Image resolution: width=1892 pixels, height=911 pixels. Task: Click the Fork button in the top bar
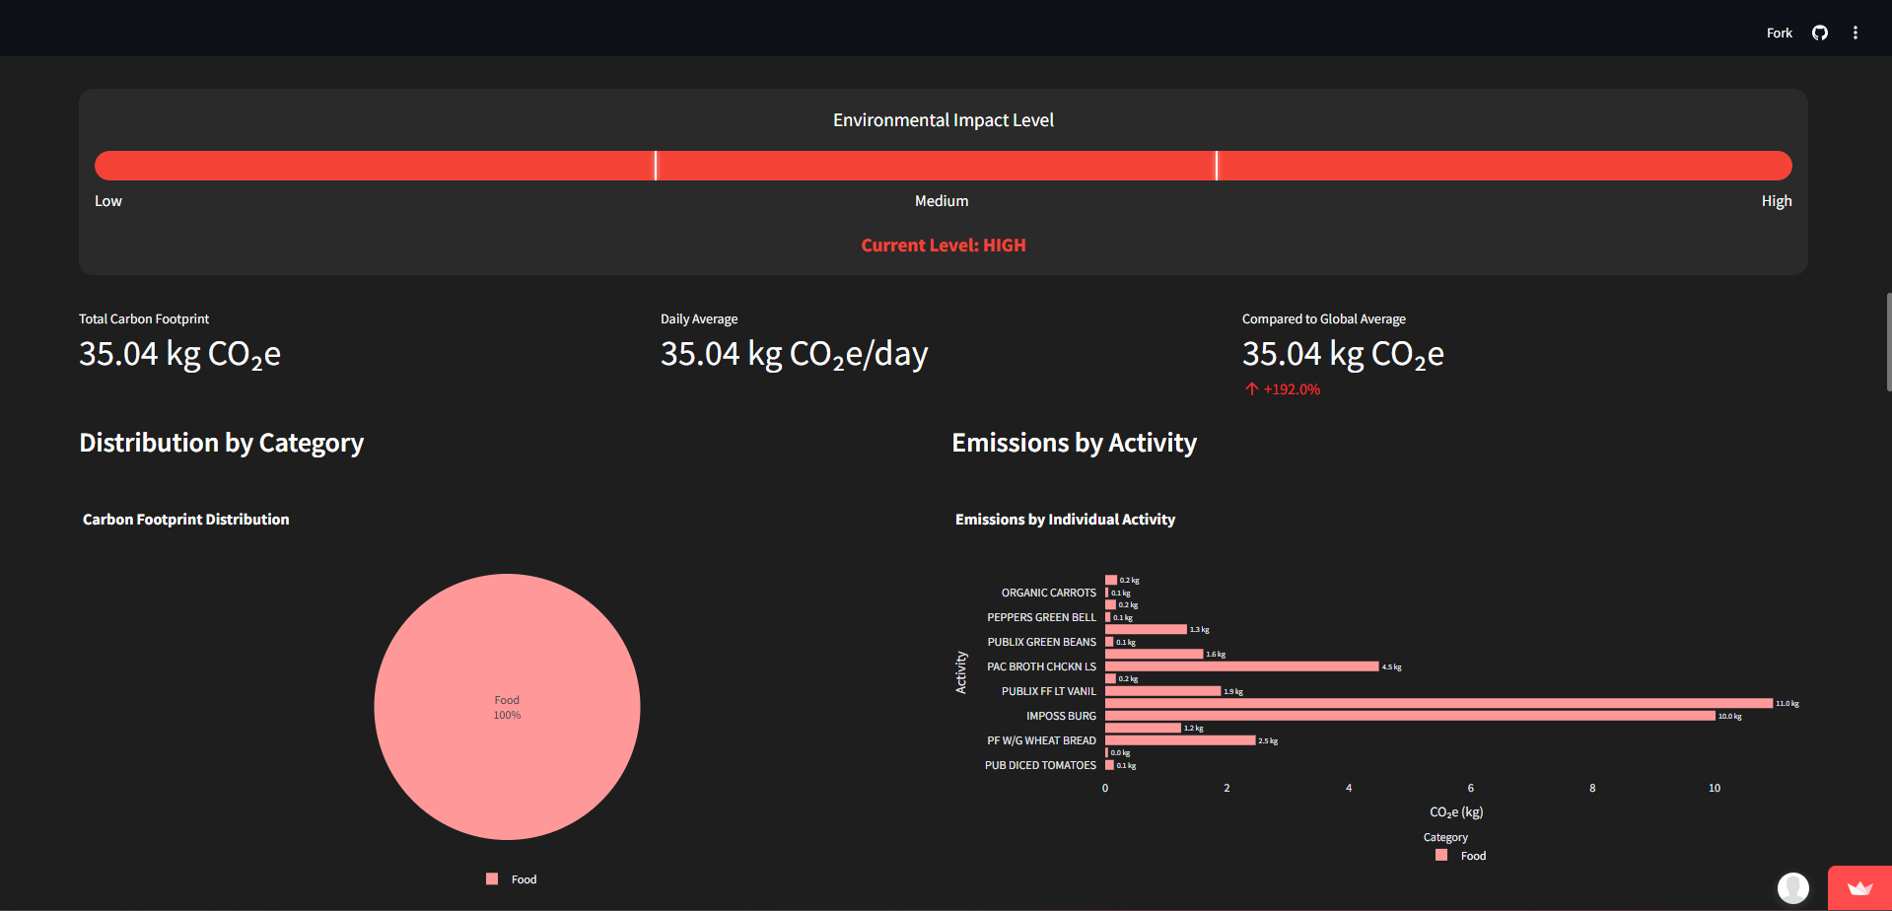[1779, 33]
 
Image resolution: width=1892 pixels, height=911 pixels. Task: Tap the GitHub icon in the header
[1820, 33]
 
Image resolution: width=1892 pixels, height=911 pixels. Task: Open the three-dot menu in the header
[1856, 33]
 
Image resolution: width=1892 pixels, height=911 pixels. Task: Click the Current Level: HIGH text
[944, 245]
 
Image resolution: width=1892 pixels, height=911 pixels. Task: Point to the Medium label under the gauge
[942, 201]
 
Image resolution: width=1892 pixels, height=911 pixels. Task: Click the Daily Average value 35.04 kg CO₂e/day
[794, 354]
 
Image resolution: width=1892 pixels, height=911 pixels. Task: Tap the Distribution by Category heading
[222, 443]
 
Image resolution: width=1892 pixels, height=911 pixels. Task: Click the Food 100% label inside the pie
[507, 707]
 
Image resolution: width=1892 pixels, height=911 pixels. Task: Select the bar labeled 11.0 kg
[1437, 703]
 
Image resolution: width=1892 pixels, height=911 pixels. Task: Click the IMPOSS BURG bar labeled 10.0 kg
[1410, 716]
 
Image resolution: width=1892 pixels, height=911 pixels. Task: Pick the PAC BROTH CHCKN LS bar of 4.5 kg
[1241, 666]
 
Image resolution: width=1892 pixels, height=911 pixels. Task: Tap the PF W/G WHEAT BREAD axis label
[1041, 740]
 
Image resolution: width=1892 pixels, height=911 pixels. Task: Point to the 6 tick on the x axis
[1471, 788]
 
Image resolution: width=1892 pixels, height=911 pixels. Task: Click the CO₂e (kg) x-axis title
[1456, 812]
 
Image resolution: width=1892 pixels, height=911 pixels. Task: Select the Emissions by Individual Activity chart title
[1065, 520]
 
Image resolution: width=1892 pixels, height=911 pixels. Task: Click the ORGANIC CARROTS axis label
[1048, 593]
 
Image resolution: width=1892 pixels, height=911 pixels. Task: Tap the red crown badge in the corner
[1859, 888]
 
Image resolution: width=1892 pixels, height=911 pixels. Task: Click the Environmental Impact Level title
[944, 120]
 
